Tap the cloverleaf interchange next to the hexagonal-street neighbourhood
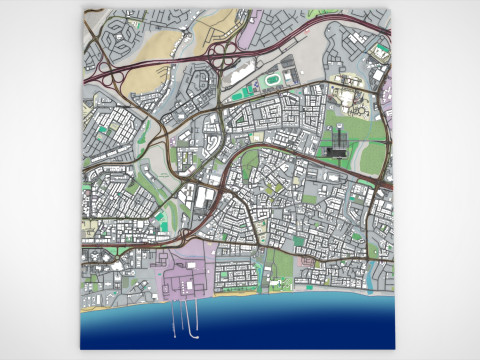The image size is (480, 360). pyautogui.click(x=109, y=75)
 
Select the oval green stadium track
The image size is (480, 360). pyautogui.click(x=269, y=78)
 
